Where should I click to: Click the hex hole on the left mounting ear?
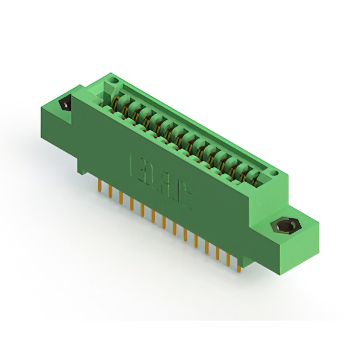[x=64, y=105]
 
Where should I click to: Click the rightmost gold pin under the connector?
[x=239, y=267]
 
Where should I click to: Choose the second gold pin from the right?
[x=228, y=260]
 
